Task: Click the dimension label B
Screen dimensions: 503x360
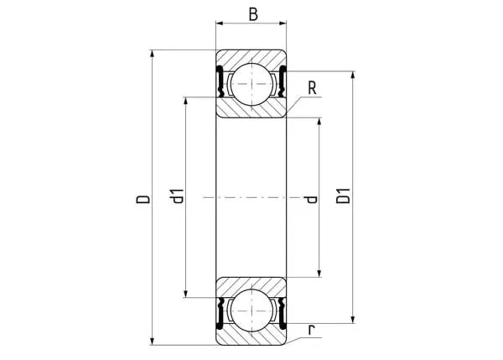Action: (253, 14)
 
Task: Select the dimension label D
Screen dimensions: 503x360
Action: (143, 199)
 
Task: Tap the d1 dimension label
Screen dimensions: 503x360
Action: (178, 196)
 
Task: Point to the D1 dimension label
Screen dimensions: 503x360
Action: (343, 196)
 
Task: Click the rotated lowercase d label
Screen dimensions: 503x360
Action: (311, 200)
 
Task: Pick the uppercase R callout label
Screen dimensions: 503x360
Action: (312, 88)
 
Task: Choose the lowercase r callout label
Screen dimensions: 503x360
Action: (312, 330)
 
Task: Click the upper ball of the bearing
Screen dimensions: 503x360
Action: (251, 84)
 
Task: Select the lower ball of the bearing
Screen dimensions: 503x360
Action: (251, 310)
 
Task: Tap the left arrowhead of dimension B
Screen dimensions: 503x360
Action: (220, 23)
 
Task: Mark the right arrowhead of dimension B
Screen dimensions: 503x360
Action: (283, 23)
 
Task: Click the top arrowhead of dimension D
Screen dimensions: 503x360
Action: (153, 54)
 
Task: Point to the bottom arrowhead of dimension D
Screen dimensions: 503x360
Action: (153, 342)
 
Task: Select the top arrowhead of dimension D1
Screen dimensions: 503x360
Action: (353, 75)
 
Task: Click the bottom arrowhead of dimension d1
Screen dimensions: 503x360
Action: (185, 294)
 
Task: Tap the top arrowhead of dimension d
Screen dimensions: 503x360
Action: (319, 122)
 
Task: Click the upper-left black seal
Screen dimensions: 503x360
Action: (220, 81)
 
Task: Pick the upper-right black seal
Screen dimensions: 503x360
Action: (283, 81)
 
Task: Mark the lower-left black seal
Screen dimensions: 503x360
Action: (220, 314)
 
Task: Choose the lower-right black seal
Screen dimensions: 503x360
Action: (283, 314)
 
